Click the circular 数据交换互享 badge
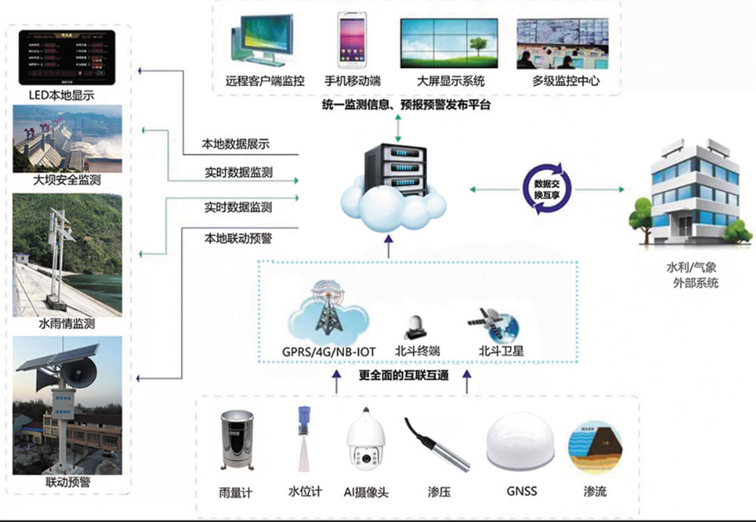541,189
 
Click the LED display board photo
67,58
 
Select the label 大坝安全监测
67,181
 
